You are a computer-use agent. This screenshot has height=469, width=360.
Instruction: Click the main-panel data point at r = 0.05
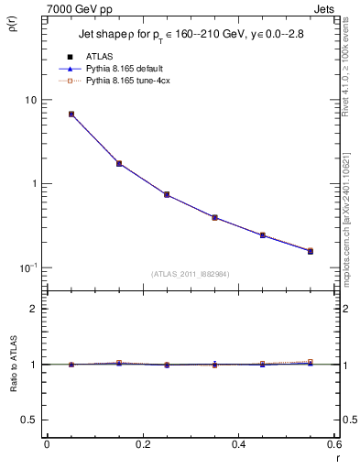[71, 115]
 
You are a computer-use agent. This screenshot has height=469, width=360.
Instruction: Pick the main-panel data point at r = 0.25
[167, 195]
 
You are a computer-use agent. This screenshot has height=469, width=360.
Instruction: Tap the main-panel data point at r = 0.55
[311, 250]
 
